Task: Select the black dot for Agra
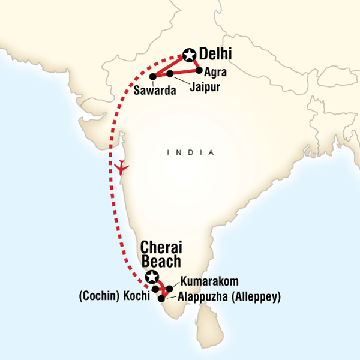[199, 70]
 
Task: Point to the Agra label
[215, 73]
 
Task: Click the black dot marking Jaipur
[170, 74]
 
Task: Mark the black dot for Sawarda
[152, 76]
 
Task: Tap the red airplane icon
[122, 166]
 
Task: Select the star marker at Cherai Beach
[152, 277]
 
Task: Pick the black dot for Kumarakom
[170, 289]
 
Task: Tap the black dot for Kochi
[155, 289]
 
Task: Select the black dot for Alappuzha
[161, 298]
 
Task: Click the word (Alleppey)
[256, 297]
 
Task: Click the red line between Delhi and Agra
[195, 63]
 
